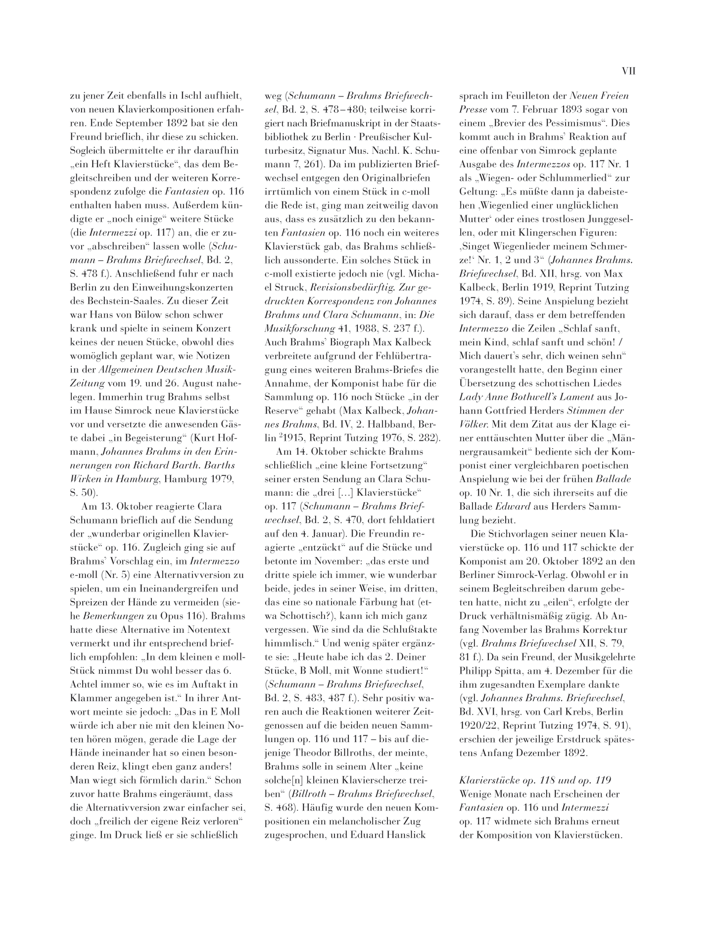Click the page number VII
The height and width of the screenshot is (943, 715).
point(628,71)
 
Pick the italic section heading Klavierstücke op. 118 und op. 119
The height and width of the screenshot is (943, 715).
point(535,779)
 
